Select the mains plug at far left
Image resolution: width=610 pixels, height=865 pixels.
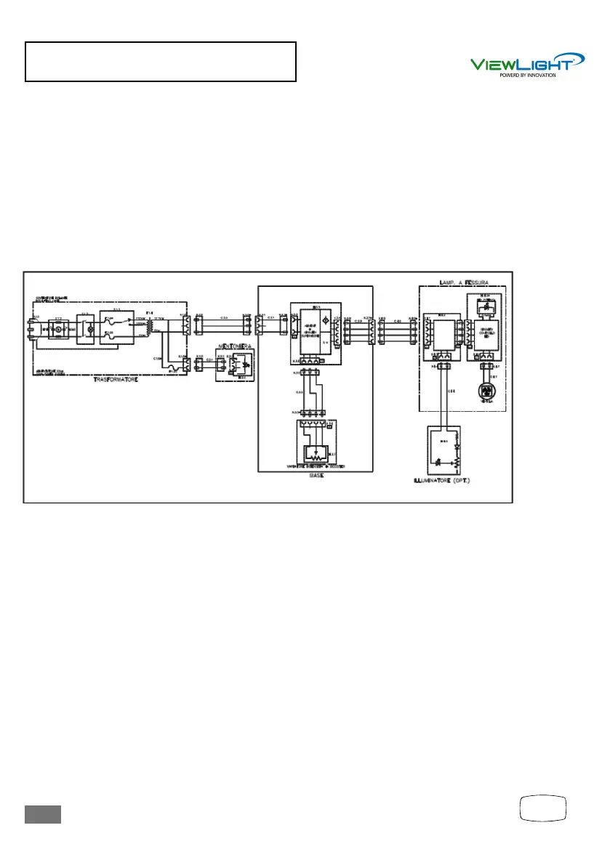30,331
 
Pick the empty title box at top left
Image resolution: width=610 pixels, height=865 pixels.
161,61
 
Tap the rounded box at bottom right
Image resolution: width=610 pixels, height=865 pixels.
544,808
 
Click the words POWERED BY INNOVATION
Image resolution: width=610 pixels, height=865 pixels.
527,75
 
